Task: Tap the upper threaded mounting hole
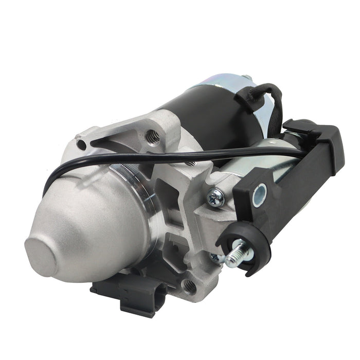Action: click(153, 136)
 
